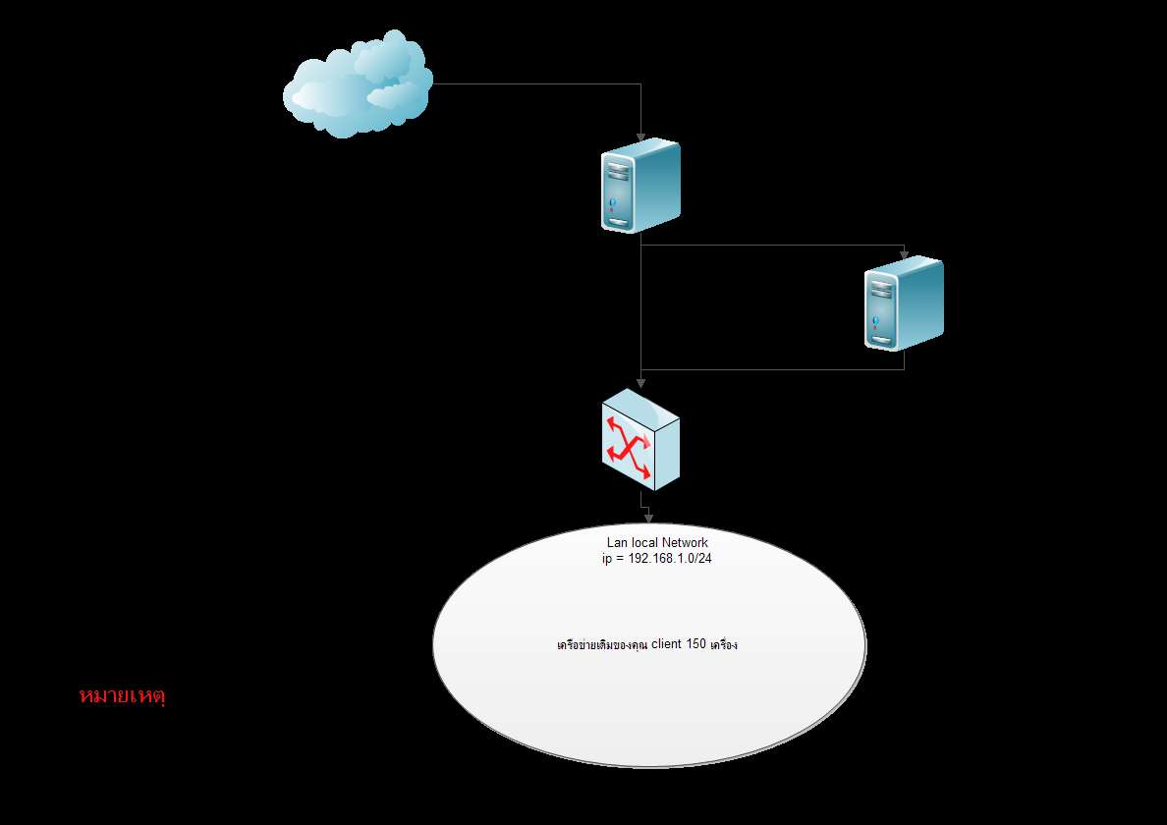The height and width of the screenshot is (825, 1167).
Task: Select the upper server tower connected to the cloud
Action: (x=640, y=187)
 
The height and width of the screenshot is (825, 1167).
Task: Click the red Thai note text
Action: (x=122, y=696)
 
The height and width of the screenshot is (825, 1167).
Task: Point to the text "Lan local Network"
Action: (x=657, y=543)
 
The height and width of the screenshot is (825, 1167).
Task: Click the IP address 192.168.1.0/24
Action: (x=670, y=558)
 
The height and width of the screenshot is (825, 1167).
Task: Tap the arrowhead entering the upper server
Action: (x=641, y=136)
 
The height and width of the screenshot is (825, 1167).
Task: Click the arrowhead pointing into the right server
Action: (x=904, y=252)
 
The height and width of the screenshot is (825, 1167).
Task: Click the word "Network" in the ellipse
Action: (x=684, y=543)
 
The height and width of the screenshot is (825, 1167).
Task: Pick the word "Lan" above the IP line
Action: (x=617, y=543)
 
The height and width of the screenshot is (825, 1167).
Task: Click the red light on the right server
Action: (x=875, y=321)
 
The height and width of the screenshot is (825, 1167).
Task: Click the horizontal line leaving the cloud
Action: (x=535, y=84)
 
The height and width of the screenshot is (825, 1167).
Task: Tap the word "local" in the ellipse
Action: (x=643, y=543)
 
